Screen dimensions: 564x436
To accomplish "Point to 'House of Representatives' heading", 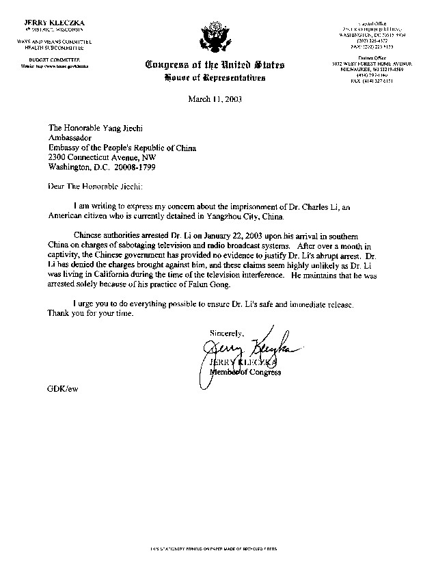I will click(215, 78).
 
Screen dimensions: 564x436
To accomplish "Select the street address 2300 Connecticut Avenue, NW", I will click(111, 156).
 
